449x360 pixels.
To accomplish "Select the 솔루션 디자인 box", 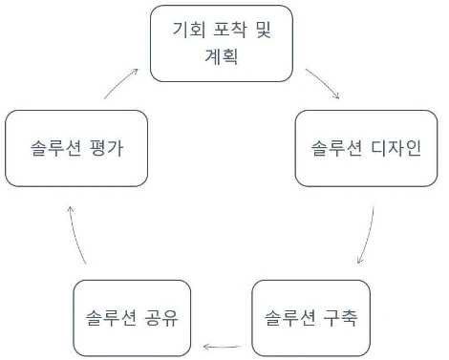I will pos(367,148).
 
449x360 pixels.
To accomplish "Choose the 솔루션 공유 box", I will pos(129,317).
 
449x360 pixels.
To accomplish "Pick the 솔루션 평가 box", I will pos(76,148).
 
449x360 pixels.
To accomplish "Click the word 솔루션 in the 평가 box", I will pos(56,149).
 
